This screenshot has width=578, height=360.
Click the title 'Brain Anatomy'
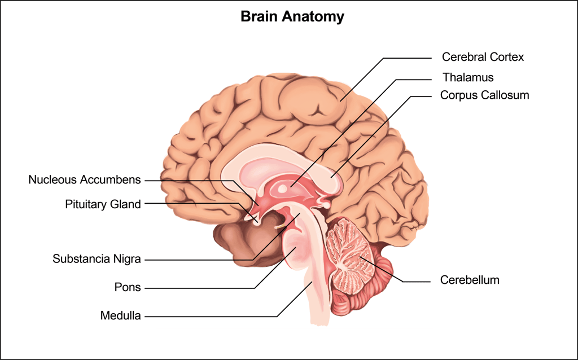tap(292, 16)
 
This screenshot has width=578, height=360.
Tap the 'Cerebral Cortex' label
tap(483, 57)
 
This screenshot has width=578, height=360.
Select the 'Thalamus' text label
tap(468, 77)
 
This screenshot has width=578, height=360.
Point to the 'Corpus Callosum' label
tap(485, 95)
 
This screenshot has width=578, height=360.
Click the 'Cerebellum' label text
tap(470, 280)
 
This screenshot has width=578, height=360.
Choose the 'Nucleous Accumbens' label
tap(85, 180)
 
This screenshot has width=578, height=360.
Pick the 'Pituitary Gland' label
tap(103, 204)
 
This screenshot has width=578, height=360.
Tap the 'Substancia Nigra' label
tap(97, 259)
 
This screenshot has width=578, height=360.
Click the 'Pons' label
tap(128, 287)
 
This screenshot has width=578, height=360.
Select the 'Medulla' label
tap(120, 315)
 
